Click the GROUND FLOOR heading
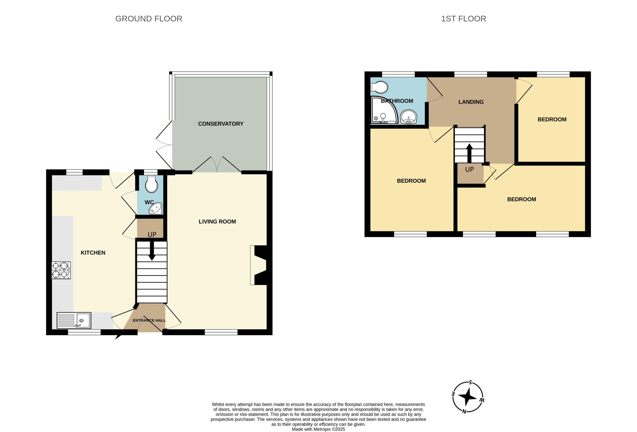[149, 19]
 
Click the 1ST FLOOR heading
[464, 19]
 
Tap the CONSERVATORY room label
[221, 124]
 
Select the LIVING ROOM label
[217, 221]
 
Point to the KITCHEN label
[93, 253]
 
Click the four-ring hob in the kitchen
[61, 270]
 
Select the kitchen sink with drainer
[74, 320]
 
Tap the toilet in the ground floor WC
[152, 184]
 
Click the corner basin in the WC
[156, 209]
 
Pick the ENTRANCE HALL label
[149, 320]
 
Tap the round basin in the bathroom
[409, 117]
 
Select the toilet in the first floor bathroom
[379, 87]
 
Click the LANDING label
[471, 102]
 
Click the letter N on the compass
[464, 411]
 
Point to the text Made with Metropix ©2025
[318, 429]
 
